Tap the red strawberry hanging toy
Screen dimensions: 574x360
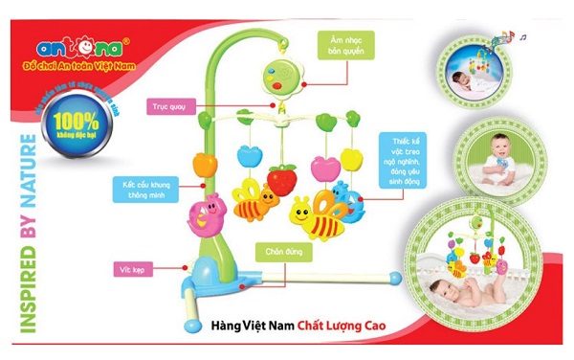pos(282,179)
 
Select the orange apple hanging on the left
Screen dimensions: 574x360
pos(204,164)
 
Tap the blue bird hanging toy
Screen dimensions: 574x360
pos(354,203)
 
